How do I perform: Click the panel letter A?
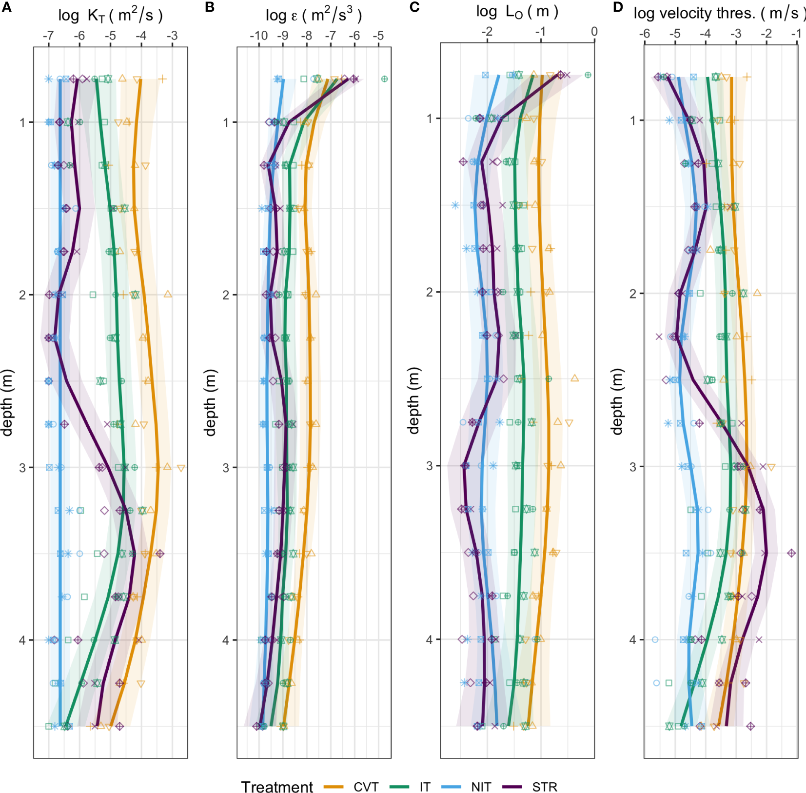6,7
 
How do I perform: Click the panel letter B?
210,7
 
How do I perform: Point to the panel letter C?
414,7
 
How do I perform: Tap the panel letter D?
618,7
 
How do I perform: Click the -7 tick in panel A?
48,36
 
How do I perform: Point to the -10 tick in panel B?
258,36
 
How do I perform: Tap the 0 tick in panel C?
594,32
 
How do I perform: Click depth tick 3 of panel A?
22,468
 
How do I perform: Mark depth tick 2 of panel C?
430,292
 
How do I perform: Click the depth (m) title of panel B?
210,402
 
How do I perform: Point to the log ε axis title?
314,16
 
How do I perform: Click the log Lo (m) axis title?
517,12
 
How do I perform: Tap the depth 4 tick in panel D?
633,639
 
